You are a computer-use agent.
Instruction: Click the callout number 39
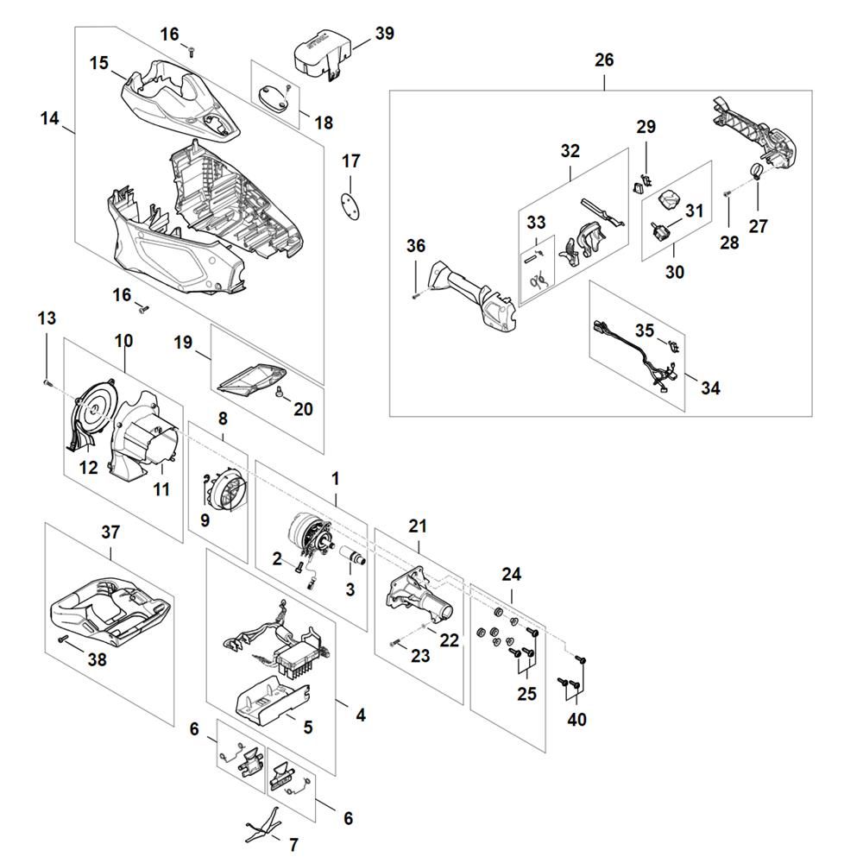coord(384,33)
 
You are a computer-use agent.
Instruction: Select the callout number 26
coord(604,60)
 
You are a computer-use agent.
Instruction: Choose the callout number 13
coord(47,318)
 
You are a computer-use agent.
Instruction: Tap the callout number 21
coord(419,525)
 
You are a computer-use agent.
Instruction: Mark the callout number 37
coord(110,532)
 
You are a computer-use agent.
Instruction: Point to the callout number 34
coord(709,387)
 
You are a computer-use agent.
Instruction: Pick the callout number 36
coord(416,246)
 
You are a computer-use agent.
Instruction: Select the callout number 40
coord(576,719)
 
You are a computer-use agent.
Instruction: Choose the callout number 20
coord(303,409)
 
